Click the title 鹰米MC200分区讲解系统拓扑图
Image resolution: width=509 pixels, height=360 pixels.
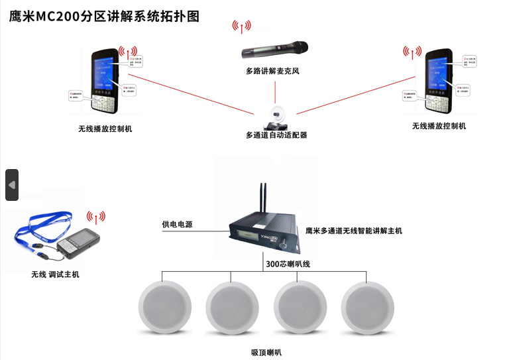click(x=104, y=16)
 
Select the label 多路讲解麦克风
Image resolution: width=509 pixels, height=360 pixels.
click(x=272, y=70)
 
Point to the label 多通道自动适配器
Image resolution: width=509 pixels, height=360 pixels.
click(x=276, y=135)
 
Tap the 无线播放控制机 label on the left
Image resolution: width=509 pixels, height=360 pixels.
click(x=105, y=128)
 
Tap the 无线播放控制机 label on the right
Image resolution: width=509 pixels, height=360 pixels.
click(x=439, y=126)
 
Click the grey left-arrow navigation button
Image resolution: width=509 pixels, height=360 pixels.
click(x=12, y=185)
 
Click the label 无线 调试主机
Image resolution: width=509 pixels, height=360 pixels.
click(x=55, y=274)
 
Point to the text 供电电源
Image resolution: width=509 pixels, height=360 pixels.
click(x=177, y=225)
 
